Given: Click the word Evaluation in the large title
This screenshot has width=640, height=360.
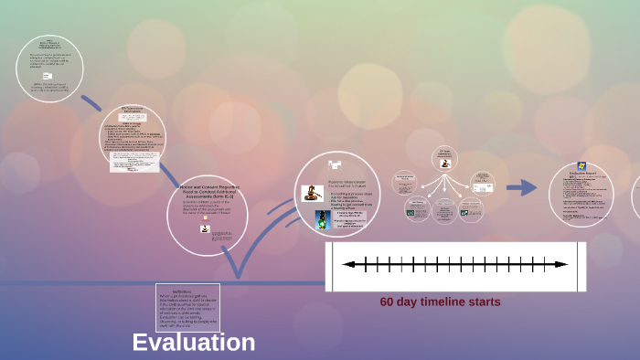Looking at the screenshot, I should [x=193, y=343].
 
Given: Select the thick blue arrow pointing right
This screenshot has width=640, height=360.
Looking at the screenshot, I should [x=521, y=187].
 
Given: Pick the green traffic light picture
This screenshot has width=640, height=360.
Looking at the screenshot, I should [x=322, y=219].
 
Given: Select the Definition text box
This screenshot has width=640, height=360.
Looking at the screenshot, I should [x=188, y=307].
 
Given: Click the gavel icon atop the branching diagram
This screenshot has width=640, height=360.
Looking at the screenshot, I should [x=445, y=164].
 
